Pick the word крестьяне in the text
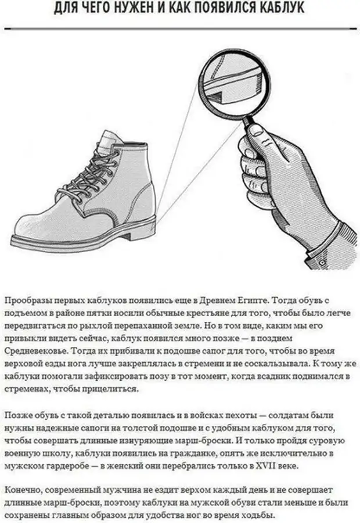click(190, 313)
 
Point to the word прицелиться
click(110, 389)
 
